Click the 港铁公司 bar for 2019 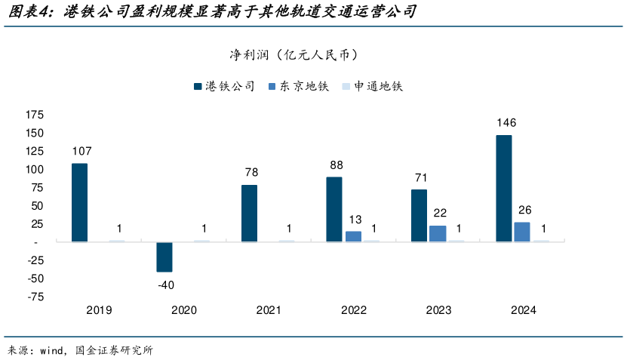point(79,202)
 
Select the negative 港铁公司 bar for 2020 point(164,257)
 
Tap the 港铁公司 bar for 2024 point(503,189)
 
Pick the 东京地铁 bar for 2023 point(438,233)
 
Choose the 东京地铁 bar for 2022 point(353,236)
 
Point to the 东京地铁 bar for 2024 point(522,232)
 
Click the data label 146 point(506,122)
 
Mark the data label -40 point(165,285)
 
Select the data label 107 point(81,151)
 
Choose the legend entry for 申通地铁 point(373,87)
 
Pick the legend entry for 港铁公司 point(224,87)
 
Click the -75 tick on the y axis point(35,297)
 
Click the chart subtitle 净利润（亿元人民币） point(294,55)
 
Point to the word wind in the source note point(51,350)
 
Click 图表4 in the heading point(27,13)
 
